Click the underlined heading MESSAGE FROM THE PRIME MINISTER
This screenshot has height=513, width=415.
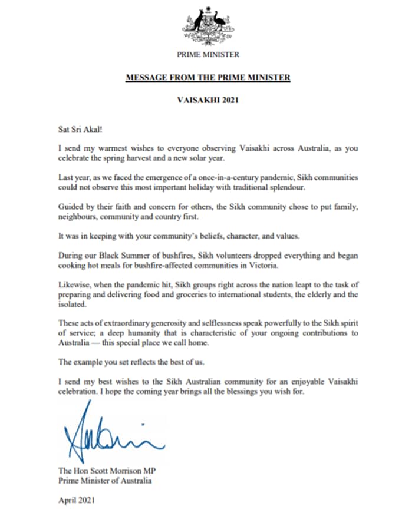pos(208,77)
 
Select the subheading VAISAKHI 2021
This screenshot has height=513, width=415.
pos(208,100)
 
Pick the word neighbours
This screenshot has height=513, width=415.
pos(82,217)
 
